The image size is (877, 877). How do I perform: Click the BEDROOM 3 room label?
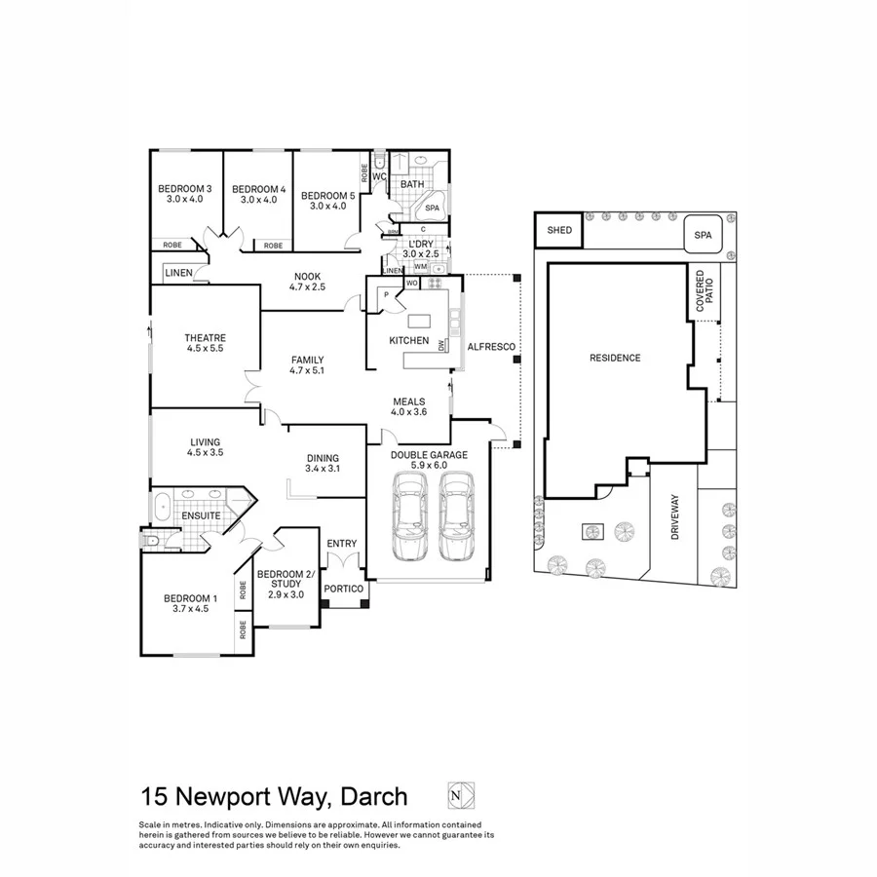[x=185, y=188]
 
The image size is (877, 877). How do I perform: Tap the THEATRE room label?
[x=205, y=338]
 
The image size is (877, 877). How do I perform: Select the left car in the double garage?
[x=408, y=516]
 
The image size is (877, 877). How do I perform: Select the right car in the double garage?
[x=456, y=516]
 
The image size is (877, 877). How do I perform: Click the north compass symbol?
[x=454, y=795]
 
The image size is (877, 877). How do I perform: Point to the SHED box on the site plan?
[x=559, y=231]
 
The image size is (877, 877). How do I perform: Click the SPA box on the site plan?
[x=703, y=236]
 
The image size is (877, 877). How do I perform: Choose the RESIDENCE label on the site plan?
[x=615, y=358]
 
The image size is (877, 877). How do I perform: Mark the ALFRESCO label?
[x=491, y=347]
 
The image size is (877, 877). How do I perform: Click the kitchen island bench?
[x=419, y=321]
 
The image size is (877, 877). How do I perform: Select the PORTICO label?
[x=344, y=589]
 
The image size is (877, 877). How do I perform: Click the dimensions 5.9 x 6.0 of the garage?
[x=429, y=466]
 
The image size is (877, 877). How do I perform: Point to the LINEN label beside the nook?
[x=178, y=273]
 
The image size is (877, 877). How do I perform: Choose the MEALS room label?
[x=409, y=401]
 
